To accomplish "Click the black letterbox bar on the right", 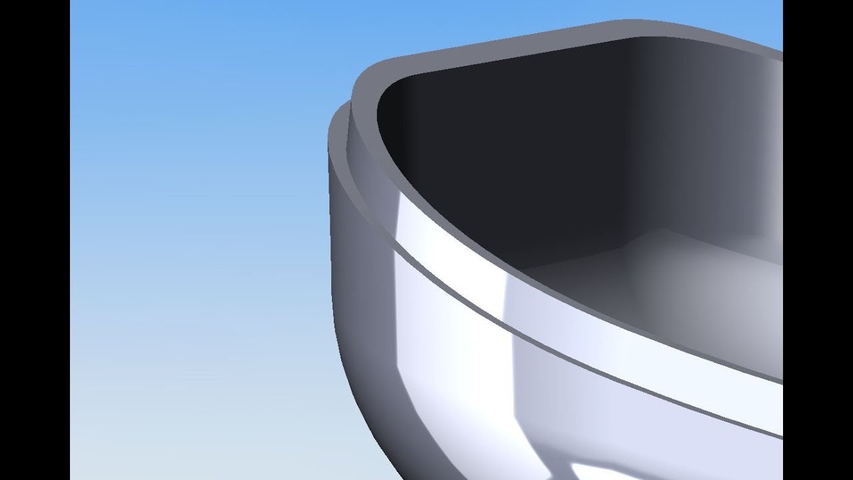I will coord(818,240).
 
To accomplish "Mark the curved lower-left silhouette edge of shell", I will coord(353,387).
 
